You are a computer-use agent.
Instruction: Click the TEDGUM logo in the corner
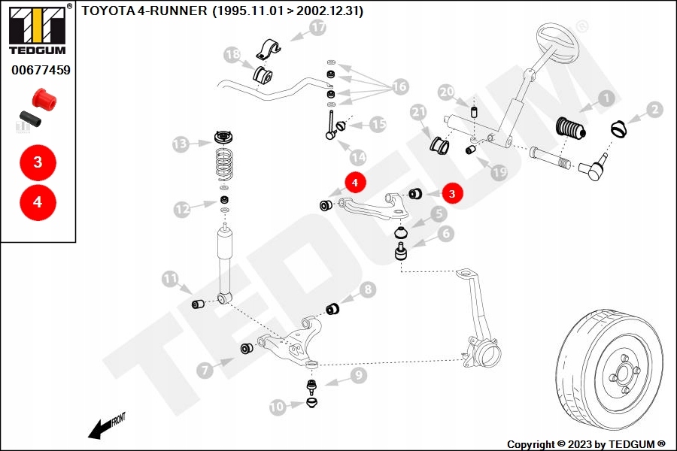(x=38, y=29)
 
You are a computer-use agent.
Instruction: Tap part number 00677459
(x=41, y=70)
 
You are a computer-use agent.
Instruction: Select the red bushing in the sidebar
(x=44, y=98)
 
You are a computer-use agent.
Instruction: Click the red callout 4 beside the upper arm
(x=355, y=183)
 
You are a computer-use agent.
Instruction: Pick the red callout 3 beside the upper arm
(x=452, y=194)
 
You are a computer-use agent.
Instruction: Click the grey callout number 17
(x=317, y=28)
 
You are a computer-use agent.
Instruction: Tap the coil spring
(x=224, y=164)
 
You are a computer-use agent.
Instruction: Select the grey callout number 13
(x=181, y=144)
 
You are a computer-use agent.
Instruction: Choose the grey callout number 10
(x=278, y=407)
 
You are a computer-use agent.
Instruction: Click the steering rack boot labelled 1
(x=570, y=129)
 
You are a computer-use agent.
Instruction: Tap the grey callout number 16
(x=400, y=86)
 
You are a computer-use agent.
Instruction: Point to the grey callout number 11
(x=170, y=279)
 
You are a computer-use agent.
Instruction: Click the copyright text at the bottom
(x=586, y=444)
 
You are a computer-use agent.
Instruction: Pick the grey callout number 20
(x=446, y=92)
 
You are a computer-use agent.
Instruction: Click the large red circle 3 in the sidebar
(x=38, y=162)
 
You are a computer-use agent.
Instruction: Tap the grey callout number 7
(x=205, y=370)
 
